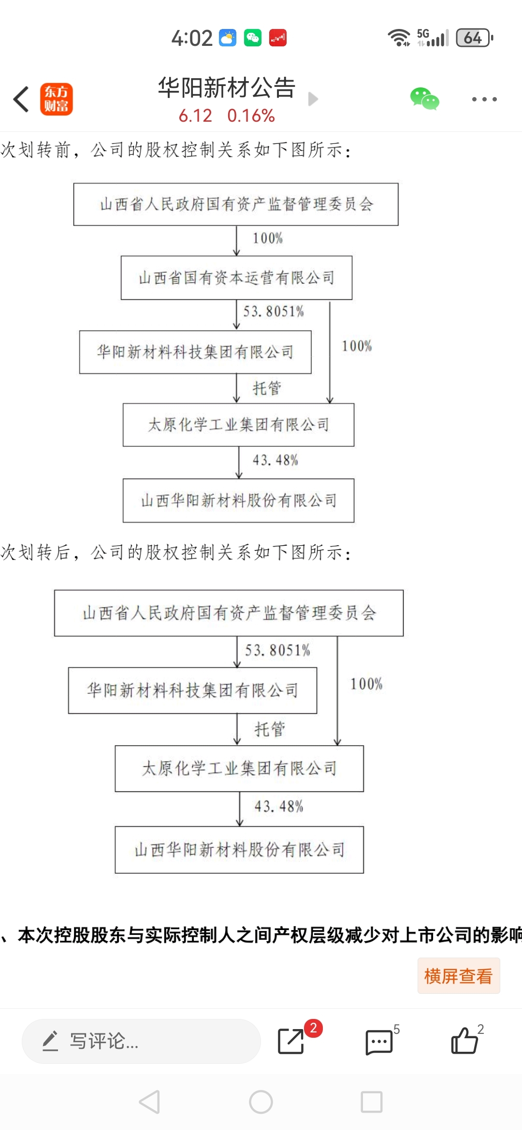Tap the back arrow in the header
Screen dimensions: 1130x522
[x=21, y=99]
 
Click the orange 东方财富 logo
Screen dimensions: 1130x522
[x=57, y=99]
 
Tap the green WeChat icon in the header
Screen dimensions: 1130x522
[x=424, y=99]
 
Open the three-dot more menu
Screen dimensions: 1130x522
[x=484, y=99]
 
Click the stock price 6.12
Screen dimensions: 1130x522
[x=195, y=116]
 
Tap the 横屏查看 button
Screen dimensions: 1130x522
[x=458, y=976]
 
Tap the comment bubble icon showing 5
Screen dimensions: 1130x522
[x=379, y=1042]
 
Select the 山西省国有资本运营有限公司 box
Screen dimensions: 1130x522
[x=236, y=278]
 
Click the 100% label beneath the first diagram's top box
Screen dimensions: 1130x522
[x=268, y=238]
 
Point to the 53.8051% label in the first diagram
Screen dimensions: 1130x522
[x=274, y=311]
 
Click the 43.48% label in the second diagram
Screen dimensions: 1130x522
[x=279, y=806]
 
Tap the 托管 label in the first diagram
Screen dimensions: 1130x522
[x=267, y=388]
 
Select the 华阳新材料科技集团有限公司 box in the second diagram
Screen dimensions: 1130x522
[x=192, y=691]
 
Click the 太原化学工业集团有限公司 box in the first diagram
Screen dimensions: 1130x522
[x=238, y=425]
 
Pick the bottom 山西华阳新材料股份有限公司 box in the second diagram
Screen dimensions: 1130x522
[x=239, y=850]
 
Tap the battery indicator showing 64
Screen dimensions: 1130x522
[x=474, y=38]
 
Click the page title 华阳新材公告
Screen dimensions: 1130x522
[x=227, y=88]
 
